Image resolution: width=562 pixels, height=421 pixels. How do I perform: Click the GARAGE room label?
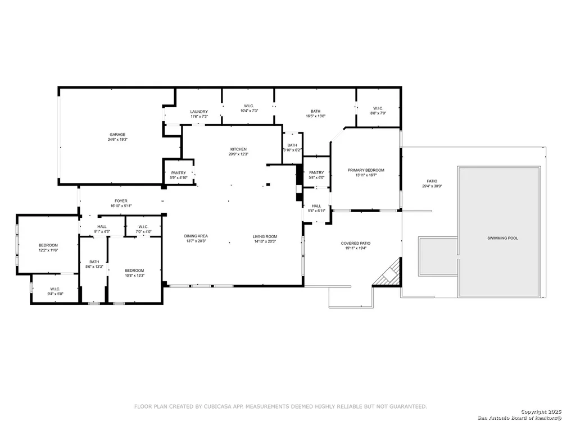[117, 135]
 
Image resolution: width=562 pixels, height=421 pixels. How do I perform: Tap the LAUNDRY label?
[199, 112]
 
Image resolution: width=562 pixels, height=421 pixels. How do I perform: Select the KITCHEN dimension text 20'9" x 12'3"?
[238, 154]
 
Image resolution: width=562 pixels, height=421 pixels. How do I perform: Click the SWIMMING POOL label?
[502, 238]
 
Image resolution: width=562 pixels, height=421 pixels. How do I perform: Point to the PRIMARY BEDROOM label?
[366, 171]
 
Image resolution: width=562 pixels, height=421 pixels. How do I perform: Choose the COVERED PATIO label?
[356, 244]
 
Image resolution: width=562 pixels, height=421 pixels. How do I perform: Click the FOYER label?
[121, 201]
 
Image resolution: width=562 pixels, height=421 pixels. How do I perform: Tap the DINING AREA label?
[196, 236]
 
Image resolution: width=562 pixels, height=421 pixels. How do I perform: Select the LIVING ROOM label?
[265, 237]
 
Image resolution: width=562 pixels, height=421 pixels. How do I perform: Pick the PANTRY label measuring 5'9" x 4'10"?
[179, 173]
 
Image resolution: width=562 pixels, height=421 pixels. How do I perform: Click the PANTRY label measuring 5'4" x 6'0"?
[316, 172]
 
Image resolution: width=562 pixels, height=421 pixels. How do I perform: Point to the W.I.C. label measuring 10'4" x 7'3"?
[249, 106]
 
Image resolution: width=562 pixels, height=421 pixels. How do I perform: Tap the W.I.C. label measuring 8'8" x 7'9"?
[378, 108]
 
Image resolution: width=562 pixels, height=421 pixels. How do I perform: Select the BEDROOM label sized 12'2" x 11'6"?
[48, 245]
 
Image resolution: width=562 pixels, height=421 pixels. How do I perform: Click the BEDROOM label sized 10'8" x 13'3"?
[134, 271]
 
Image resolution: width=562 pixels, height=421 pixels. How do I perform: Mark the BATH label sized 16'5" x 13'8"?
[315, 111]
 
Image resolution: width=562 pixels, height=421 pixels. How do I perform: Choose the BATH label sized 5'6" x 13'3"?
[94, 262]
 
